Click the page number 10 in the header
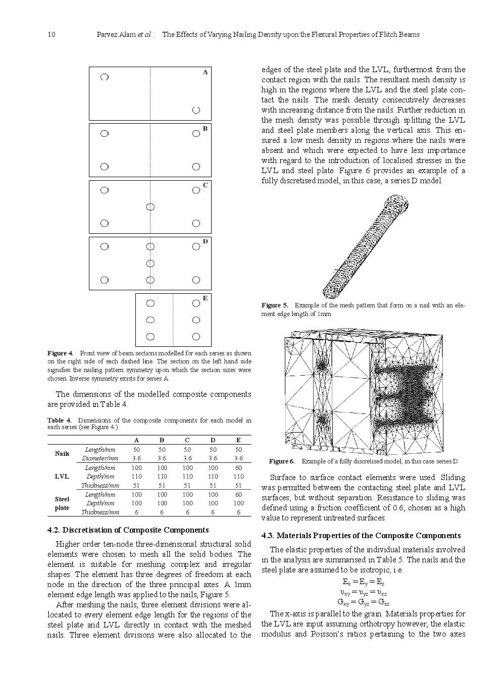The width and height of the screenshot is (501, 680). (x=51, y=34)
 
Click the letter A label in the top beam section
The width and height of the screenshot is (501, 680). (x=205, y=72)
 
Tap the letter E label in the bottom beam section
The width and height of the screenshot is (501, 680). (x=205, y=298)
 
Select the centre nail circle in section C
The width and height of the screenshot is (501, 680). (x=150, y=207)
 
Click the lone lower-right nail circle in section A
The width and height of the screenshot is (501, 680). (x=196, y=110)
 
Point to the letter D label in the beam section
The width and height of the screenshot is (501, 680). (x=205, y=242)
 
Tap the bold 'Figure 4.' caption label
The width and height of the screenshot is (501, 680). (x=60, y=353)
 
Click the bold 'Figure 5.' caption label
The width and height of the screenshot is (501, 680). (x=275, y=305)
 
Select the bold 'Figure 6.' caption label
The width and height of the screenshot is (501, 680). (x=282, y=461)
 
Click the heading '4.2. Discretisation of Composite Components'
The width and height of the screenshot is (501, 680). (x=128, y=530)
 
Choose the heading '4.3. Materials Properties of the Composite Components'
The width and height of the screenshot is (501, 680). (x=361, y=536)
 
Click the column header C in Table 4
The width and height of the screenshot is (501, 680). (x=187, y=440)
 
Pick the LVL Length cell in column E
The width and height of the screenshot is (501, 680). (x=238, y=468)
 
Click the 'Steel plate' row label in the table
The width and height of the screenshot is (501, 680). (x=62, y=503)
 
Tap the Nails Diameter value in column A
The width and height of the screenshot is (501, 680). (x=136, y=458)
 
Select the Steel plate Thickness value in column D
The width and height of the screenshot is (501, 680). (x=213, y=512)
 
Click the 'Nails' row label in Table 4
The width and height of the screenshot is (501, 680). (x=62, y=454)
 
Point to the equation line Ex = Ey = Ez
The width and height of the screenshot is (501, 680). (x=363, y=582)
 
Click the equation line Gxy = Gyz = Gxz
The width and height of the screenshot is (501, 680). (x=363, y=602)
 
